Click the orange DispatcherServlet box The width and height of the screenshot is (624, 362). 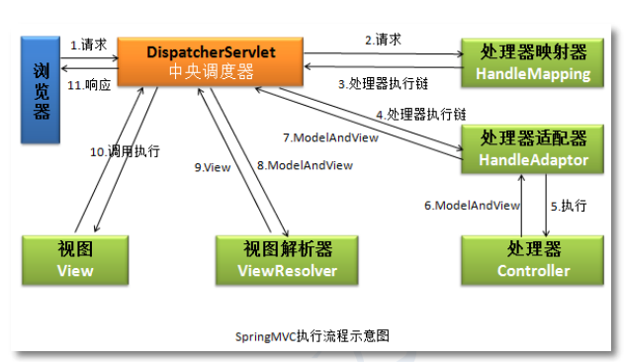(x=211, y=60)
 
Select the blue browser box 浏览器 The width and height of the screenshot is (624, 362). (x=41, y=90)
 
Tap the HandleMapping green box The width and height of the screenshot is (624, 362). (x=533, y=62)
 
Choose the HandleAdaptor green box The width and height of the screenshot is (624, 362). (x=533, y=148)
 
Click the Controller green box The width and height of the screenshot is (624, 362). (x=533, y=259)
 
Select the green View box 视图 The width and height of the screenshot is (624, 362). (x=75, y=259)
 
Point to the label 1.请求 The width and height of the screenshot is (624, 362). (x=89, y=45)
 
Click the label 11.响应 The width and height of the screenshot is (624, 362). (x=89, y=85)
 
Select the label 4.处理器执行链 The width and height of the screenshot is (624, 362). (x=419, y=115)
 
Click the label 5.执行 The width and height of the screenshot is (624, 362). (x=568, y=206)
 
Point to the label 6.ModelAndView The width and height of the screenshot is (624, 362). (x=472, y=206)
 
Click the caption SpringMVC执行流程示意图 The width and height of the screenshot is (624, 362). (x=312, y=335)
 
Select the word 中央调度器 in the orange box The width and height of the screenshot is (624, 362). (x=211, y=71)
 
